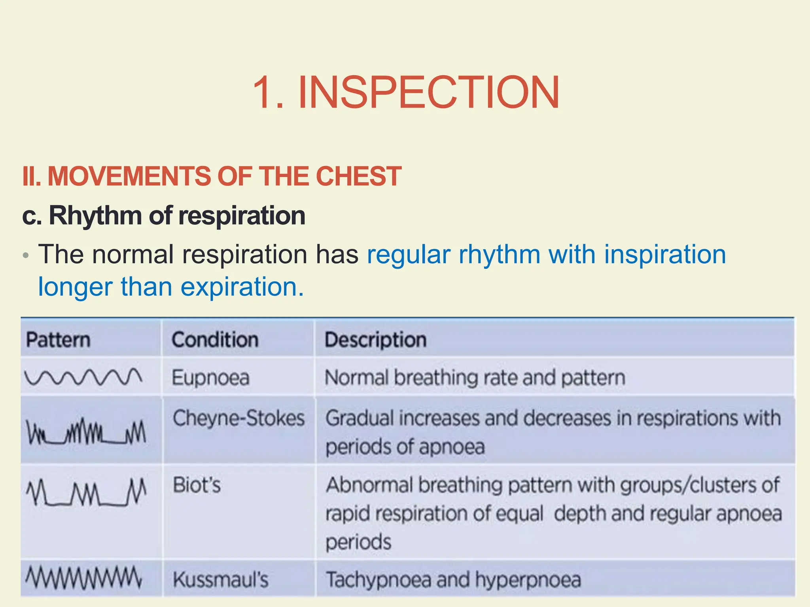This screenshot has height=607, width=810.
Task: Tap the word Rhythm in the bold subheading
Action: click(95, 216)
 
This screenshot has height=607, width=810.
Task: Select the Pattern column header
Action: click(58, 340)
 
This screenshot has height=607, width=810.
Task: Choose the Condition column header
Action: click(215, 340)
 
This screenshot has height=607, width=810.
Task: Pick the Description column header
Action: click(375, 340)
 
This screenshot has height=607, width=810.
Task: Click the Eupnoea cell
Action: click(210, 377)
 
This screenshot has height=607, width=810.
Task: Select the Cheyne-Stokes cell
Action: click(238, 418)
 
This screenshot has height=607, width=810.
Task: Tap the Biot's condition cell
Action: click(197, 485)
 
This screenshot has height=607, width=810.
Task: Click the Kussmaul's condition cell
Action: click(220, 580)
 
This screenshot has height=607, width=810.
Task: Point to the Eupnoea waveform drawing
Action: click(83, 377)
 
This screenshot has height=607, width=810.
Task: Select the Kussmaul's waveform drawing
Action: click(83, 578)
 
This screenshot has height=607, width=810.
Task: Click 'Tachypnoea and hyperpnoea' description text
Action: click(453, 580)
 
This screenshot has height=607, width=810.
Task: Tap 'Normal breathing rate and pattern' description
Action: click(475, 377)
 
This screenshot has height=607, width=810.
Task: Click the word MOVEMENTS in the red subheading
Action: click(129, 176)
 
